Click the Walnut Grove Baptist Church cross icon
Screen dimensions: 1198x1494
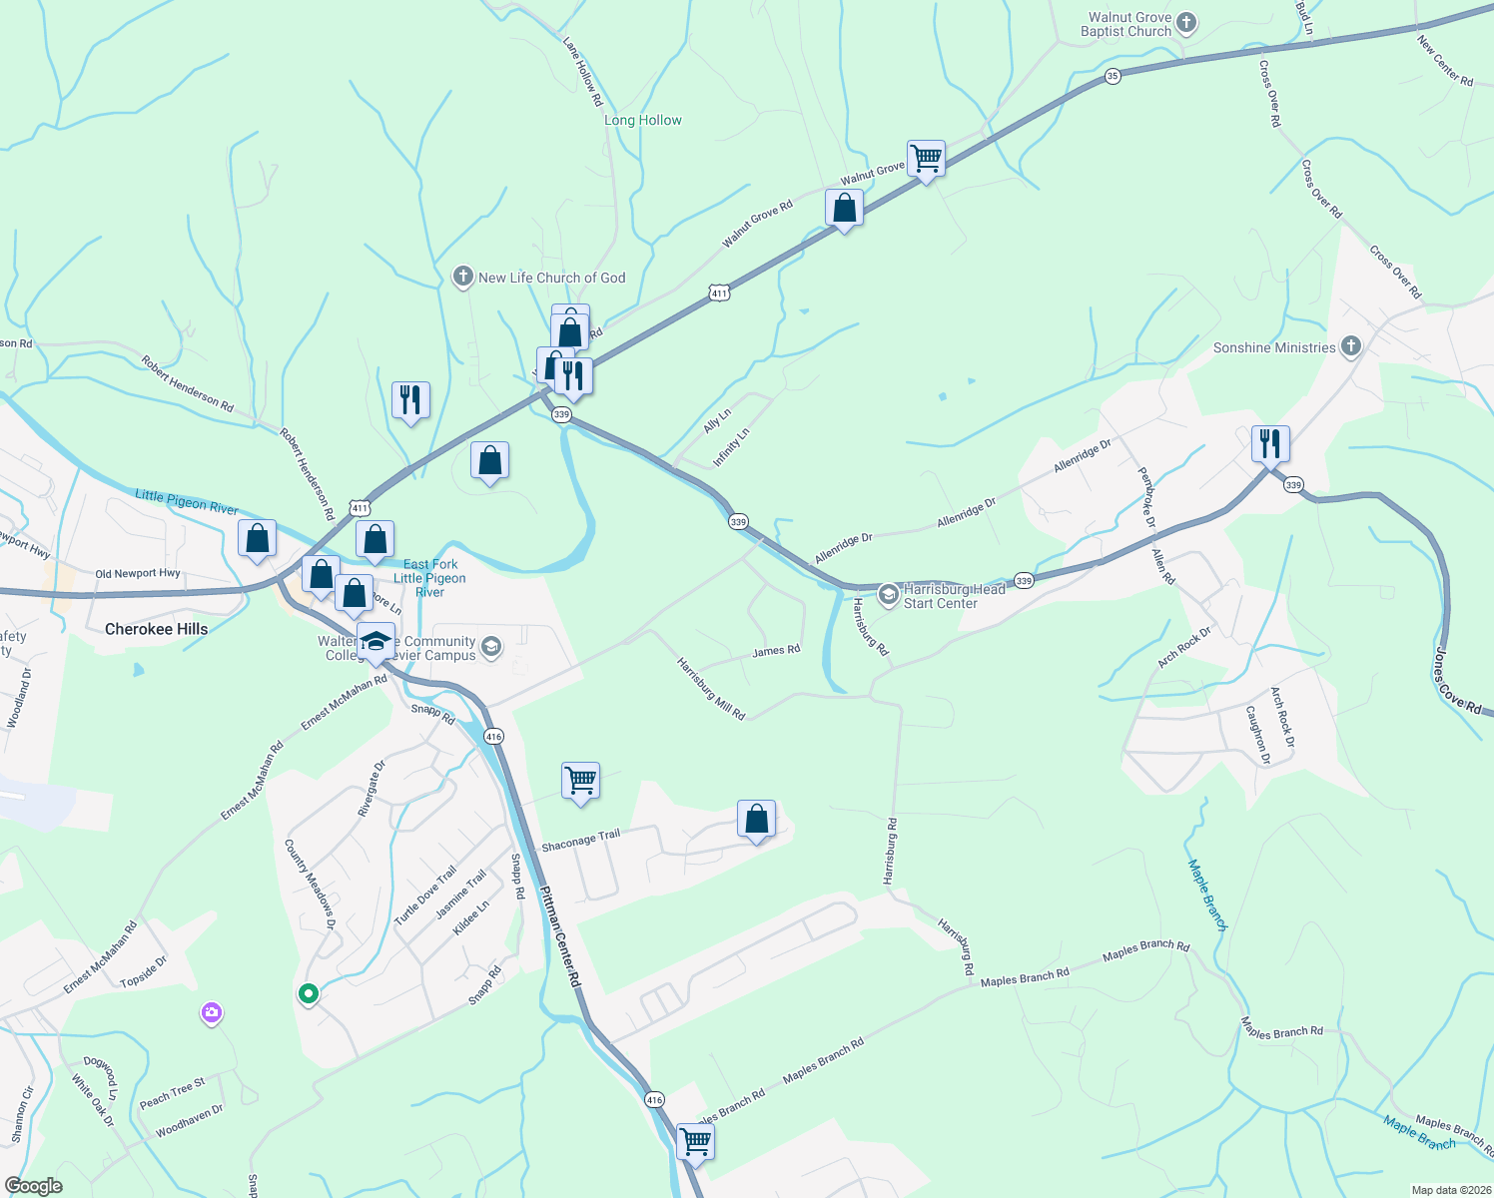pyautogui.click(x=1186, y=22)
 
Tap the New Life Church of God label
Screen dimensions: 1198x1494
pyautogui.click(x=551, y=278)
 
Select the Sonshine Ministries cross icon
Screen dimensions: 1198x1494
pyautogui.click(x=1350, y=347)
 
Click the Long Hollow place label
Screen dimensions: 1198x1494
pyautogui.click(x=643, y=120)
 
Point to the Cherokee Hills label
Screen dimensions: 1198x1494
pyautogui.click(x=157, y=629)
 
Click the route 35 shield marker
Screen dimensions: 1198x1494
pyautogui.click(x=1113, y=76)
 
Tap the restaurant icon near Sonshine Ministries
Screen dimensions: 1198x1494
pyautogui.click(x=1270, y=443)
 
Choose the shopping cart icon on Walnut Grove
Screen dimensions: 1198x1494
pyautogui.click(x=927, y=158)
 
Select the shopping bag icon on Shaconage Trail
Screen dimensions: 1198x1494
pyautogui.click(x=756, y=820)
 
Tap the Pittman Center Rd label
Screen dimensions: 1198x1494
pyautogui.click(x=559, y=936)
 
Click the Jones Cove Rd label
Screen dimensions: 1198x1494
pyautogui.click(x=1457, y=681)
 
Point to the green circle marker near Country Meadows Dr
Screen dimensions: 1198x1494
pyautogui.click(x=309, y=993)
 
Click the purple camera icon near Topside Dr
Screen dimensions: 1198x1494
pyautogui.click(x=211, y=1013)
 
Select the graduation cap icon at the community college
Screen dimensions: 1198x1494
pyautogui.click(x=375, y=641)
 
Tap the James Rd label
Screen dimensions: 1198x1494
pyautogui.click(x=776, y=651)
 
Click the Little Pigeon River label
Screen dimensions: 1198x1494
pyautogui.click(x=187, y=501)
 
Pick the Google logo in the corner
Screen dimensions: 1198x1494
pyautogui.click(x=33, y=1186)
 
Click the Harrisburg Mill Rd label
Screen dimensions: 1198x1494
pyautogui.click(x=711, y=688)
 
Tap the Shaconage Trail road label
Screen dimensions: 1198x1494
pyautogui.click(x=580, y=842)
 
